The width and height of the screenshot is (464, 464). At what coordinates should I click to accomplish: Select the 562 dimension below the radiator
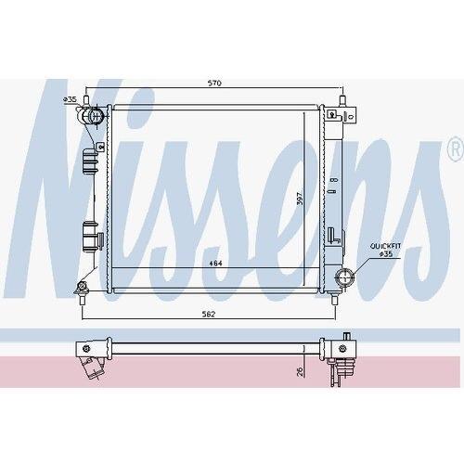click(x=209, y=315)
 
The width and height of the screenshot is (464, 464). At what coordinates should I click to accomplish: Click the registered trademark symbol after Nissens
click(x=453, y=148)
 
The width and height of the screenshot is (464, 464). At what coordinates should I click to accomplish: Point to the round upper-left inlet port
click(x=93, y=117)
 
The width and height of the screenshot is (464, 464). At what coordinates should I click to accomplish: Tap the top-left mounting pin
click(x=84, y=99)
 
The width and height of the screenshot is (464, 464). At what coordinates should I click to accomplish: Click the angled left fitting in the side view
click(x=91, y=357)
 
